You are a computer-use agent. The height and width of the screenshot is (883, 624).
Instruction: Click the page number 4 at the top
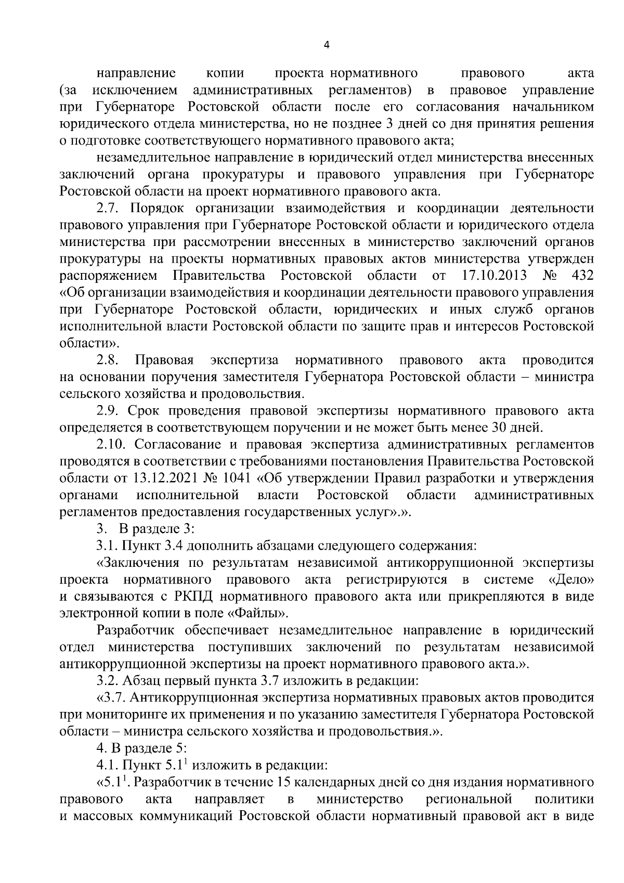click(x=326, y=45)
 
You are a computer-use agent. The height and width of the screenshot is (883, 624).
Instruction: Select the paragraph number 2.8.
click(x=107, y=360)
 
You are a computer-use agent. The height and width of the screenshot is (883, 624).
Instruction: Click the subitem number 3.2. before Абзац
click(x=107, y=680)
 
